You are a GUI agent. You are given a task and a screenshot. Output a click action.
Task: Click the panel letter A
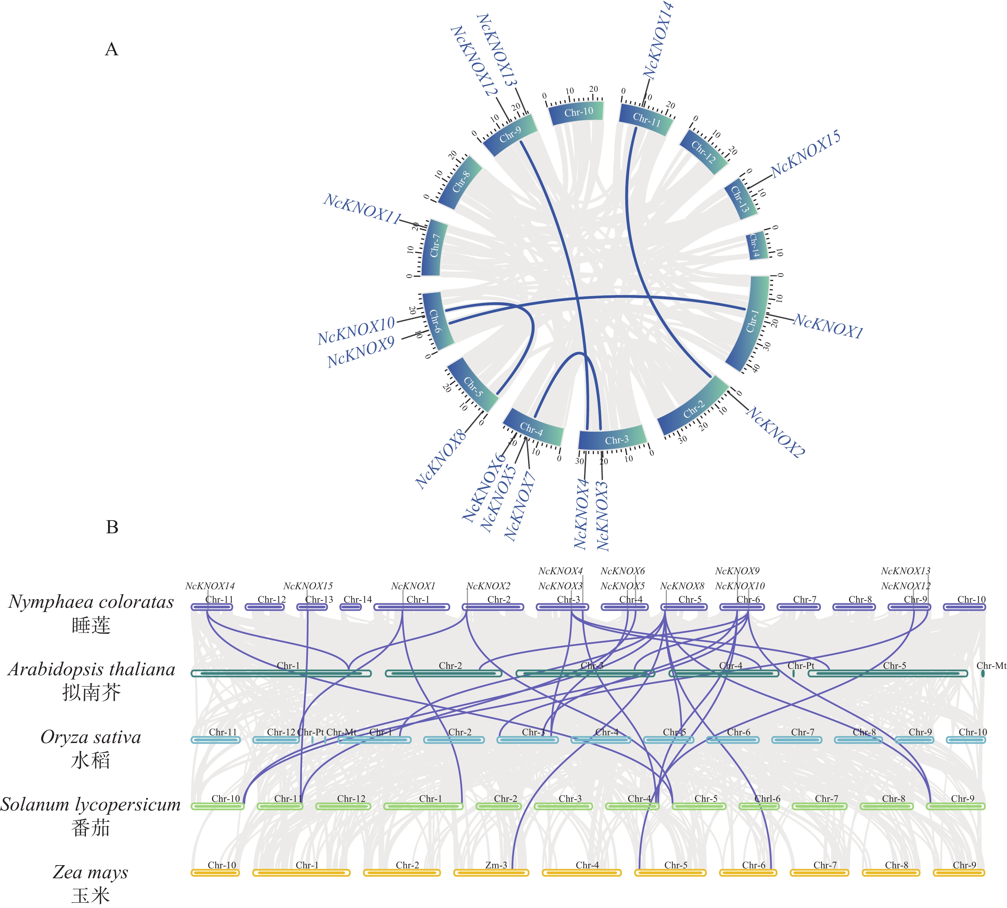pyautogui.click(x=112, y=49)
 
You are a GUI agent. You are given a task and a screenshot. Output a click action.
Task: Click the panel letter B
pyautogui.click(x=112, y=527)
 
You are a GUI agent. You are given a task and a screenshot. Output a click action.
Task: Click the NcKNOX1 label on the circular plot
pyautogui.click(x=828, y=326)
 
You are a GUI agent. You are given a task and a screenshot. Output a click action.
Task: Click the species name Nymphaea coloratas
pyautogui.click(x=91, y=602)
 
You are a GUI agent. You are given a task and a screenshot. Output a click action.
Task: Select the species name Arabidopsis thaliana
pyautogui.click(x=91, y=669)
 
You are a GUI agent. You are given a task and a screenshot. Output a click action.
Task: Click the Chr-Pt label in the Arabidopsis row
pyautogui.click(x=800, y=666)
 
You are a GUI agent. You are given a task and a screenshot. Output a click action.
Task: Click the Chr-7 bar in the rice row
pyautogui.click(x=797, y=740)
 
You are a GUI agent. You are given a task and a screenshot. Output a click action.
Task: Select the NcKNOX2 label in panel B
pyautogui.click(x=488, y=586)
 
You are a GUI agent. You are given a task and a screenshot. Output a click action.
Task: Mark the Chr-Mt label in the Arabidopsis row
pyautogui.click(x=991, y=666)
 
